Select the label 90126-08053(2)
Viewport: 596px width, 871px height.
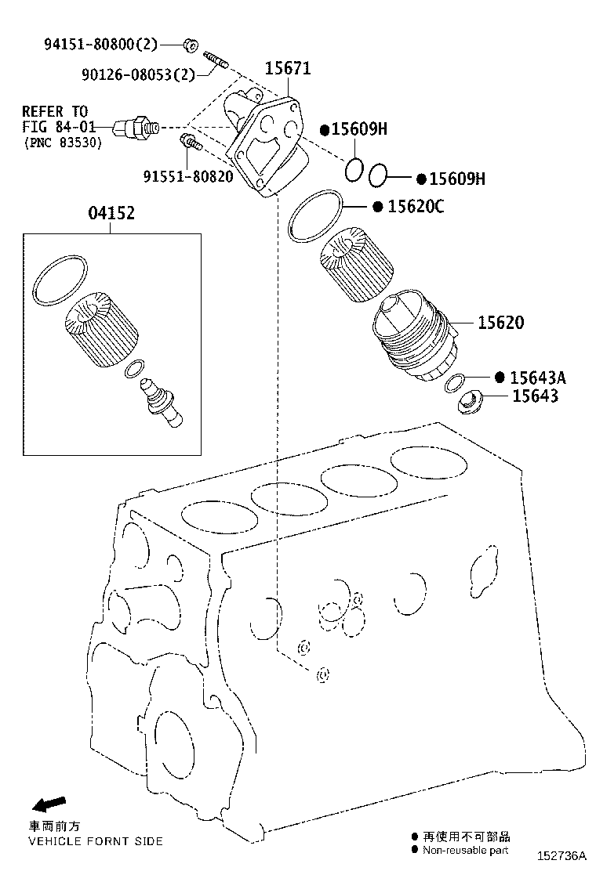pyautogui.click(x=136, y=74)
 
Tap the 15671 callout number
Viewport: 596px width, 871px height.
pyautogui.click(x=287, y=68)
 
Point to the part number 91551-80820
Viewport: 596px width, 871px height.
pyautogui.click(x=187, y=176)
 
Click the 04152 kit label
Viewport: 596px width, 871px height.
pyautogui.click(x=110, y=213)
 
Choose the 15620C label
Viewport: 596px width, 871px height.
pyautogui.click(x=415, y=206)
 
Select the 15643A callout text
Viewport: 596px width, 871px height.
pyautogui.click(x=537, y=378)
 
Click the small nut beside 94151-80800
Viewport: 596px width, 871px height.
pyautogui.click(x=190, y=44)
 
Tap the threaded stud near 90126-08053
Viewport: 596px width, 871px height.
pyautogui.click(x=216, y=60)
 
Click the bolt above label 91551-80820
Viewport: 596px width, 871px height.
pyautogui.click(x=191, y=143)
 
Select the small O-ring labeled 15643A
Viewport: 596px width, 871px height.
pyautogui.click(x=453, y=384)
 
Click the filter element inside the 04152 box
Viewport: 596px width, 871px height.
pyautogui.click(x=102, y=329)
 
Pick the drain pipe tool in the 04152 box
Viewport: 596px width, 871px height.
pyautogui.click(x=161, y=403)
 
